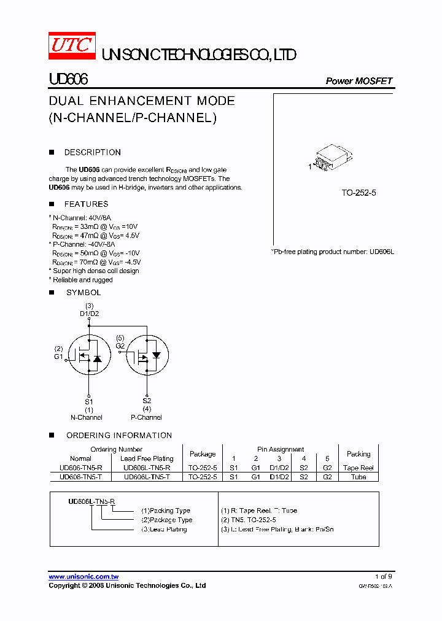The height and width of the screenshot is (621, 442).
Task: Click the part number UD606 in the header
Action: pyautogui.click(x=68, y=80)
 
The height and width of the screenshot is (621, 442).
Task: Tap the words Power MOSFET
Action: pyautogui.click(x=359, y=81)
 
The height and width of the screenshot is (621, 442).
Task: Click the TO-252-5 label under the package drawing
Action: pyautogui.click(x=359, y=193)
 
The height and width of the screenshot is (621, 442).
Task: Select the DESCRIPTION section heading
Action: pyautogui.click(x=92, y=152)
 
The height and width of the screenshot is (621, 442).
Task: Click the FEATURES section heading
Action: pyautogui.click(x=86, y=204)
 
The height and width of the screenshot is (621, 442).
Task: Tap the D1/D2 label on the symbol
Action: pyautogui.click(x=89, y=314)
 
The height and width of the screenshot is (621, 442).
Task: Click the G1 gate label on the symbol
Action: pyautogui.click(x=58, y=357)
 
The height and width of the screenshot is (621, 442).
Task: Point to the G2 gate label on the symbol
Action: pyautogui.click(x=120, y=345)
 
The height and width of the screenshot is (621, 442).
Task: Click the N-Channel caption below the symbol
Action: pyautogui.click(x=87, y=417)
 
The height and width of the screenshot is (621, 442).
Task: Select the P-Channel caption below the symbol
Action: pyautogui.click(x=146, y=417)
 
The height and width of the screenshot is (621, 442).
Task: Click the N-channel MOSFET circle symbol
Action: pyautogui.click(x=88, y=356)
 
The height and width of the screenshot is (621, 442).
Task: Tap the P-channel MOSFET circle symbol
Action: pyautogui.click(x=147, y=356)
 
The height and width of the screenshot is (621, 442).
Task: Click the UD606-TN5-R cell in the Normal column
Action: pyautogui.click(x=81, y=468)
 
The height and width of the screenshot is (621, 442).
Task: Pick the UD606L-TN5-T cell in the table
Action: pyautogui.click(x=147, y=477)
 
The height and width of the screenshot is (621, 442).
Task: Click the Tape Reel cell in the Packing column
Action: pyautogui.click(x=359, y=468)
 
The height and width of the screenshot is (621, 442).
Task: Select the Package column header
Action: pyautogui.click(x=203, y=454)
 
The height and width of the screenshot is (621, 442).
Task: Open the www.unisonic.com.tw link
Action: pyautogui.click(x=83, y=577)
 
